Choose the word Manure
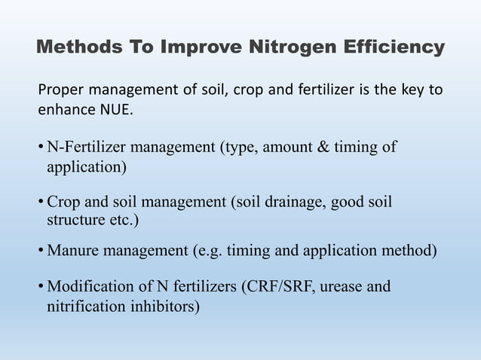click(x=71, y=249)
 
